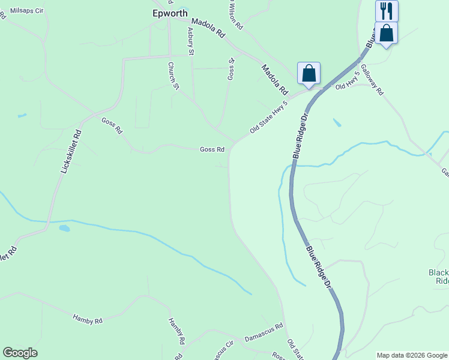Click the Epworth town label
(x=170, y=13)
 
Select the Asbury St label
(x=191, y=41)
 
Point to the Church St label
(x=173, y=76)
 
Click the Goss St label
(x=231, y=68)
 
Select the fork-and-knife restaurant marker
(x=387, y=11)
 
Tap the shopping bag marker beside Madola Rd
(x=309, y=73)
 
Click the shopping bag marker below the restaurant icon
(x=387, y=33)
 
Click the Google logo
(x=20, y=353)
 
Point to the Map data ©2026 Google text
(x=412, y=355)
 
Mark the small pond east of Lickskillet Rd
(x=64, y=228)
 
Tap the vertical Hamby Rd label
(x=175, y=331)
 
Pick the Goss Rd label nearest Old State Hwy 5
(x=212, y=149)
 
